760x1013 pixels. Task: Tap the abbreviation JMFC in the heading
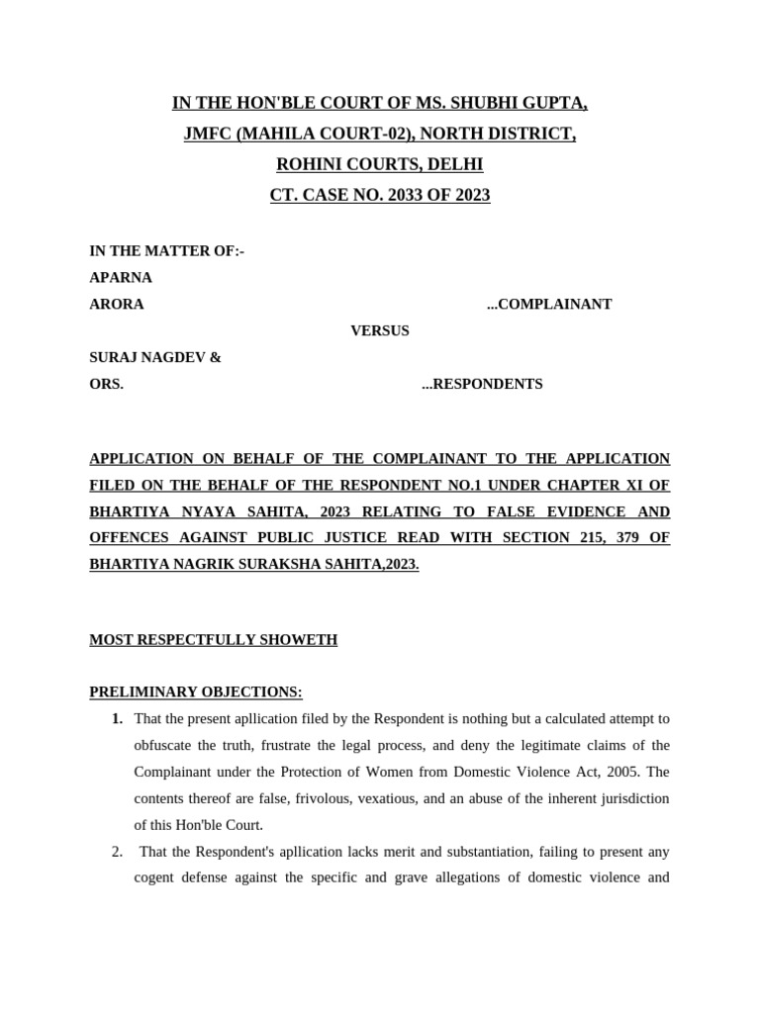[208, 134]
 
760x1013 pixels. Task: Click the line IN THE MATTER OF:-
[167, 251]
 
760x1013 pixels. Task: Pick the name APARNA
[121, 278]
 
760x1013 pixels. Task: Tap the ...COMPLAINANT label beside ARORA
[548, 305]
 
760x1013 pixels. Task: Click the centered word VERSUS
[380, 331]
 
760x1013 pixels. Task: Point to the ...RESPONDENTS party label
[482, 385]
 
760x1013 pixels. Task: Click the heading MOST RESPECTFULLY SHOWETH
[213, 640]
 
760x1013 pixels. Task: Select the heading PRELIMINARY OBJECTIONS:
[196, 691]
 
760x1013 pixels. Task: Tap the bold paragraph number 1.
[119, 718]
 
